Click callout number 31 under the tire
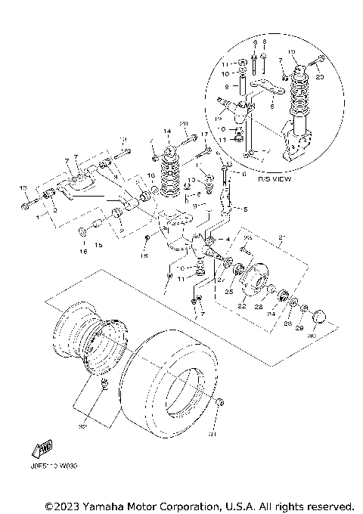point(213,435)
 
